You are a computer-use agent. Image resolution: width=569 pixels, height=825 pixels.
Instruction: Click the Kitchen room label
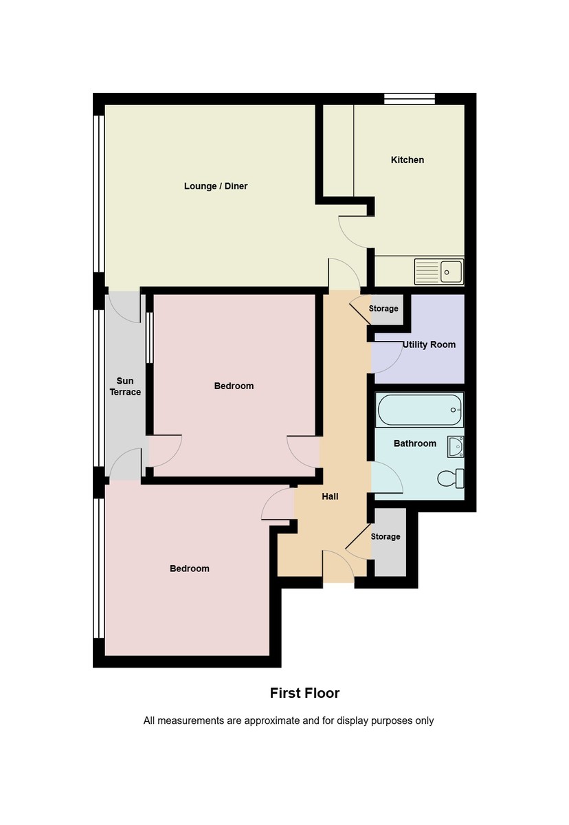click(408, 159)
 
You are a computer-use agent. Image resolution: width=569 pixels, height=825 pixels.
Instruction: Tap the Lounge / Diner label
click(216, 186)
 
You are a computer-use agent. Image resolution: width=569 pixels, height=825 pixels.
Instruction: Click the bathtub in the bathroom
click(420, 410)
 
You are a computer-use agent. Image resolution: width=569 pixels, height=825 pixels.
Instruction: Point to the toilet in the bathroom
click(451, 478)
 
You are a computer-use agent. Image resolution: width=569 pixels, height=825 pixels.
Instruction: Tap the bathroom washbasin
click(455, 447)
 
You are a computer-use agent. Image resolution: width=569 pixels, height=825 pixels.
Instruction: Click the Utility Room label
click(429, 344)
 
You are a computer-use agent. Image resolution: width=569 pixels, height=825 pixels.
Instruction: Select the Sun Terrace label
click(125, 386)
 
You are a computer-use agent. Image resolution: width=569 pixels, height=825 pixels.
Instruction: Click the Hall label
click(330, 496)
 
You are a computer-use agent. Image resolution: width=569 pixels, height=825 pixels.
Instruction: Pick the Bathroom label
click(415, 443)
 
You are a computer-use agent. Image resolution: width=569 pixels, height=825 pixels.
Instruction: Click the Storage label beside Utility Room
click(383, 309)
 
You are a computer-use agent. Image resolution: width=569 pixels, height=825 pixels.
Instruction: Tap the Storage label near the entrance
click(386, 536)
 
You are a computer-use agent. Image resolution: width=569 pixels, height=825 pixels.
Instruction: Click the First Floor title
click(304, 693)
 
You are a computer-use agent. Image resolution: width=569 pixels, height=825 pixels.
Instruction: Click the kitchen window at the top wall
click(409, 99)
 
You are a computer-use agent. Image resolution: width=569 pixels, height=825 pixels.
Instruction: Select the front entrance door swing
click(338, 564)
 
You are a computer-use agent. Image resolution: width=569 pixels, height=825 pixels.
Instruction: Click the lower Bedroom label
click(190, 569)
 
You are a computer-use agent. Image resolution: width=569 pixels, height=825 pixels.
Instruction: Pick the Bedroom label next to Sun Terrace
click(234, 386)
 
